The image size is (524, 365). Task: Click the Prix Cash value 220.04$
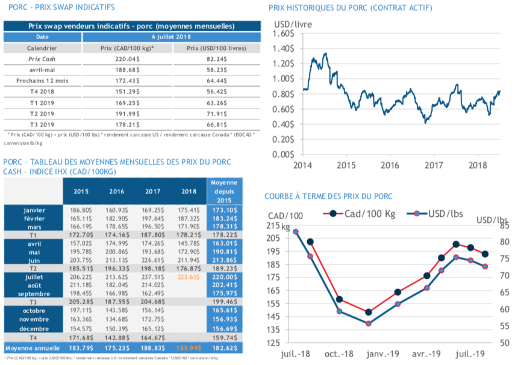tap(127, 60)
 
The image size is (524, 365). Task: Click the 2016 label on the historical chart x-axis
tap(390, 164)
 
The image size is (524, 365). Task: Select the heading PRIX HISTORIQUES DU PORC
tap(350, 8)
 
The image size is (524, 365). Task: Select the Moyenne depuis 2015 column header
tap(224, 191)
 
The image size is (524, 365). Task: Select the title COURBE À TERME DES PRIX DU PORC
tap(328, 196)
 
